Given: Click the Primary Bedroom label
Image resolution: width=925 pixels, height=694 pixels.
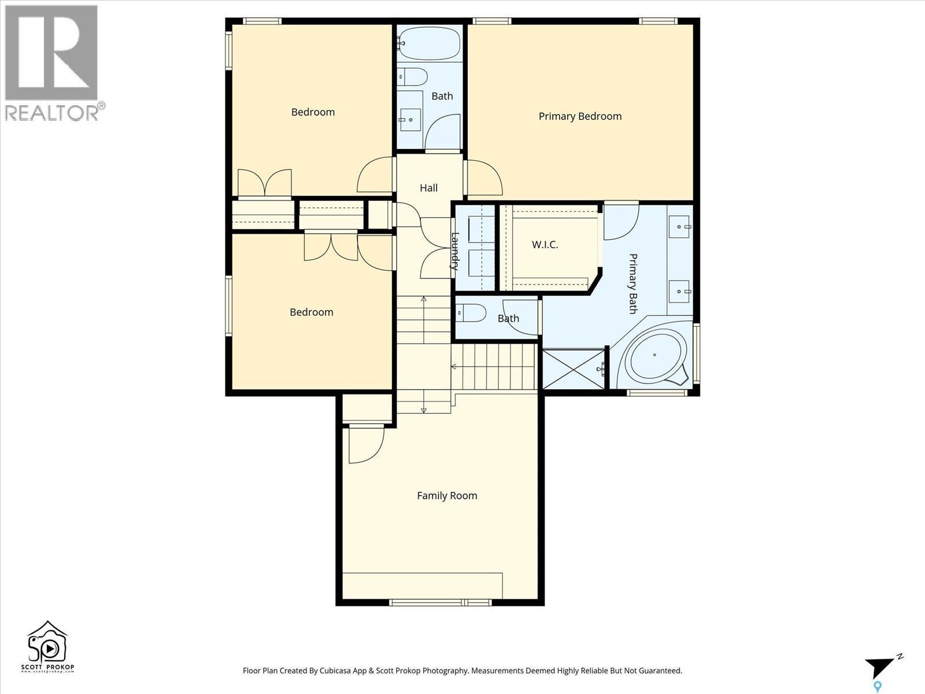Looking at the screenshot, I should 580,116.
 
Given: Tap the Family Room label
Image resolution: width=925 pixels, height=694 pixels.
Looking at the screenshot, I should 447,496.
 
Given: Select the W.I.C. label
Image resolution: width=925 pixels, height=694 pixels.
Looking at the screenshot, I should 545,245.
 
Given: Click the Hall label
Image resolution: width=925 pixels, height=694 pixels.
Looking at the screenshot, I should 428,188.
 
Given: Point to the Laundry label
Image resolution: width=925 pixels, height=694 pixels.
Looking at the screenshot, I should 455,251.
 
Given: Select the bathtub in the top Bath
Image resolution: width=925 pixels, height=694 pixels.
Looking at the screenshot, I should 429,43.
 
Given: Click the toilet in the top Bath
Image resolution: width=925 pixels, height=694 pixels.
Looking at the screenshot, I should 413,76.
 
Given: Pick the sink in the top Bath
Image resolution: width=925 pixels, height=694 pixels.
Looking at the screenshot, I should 410,120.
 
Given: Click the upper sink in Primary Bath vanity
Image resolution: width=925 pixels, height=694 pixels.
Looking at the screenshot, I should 680,227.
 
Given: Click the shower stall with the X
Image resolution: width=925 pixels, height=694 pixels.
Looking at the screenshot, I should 573,368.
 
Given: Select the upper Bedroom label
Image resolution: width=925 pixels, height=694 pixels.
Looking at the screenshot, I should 313,112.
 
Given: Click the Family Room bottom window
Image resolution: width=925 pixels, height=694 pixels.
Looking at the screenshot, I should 441,603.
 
